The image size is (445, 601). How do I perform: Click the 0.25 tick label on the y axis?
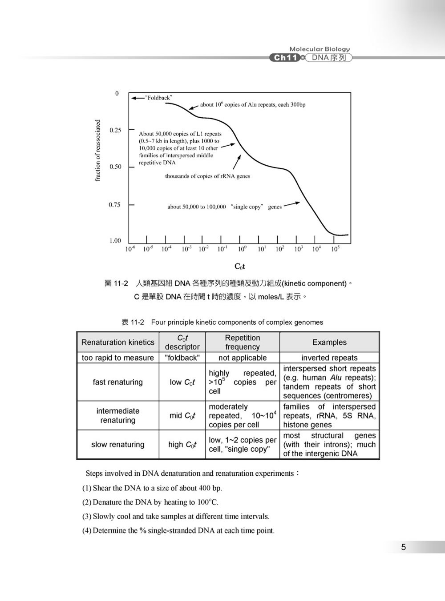115,130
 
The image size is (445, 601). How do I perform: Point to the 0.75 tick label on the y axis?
114,205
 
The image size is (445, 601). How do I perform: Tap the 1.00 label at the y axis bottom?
115,241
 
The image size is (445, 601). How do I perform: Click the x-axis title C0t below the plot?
240,267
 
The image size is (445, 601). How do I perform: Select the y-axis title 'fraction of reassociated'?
98,150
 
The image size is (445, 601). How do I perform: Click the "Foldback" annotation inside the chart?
159,97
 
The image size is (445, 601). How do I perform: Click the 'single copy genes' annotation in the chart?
224,207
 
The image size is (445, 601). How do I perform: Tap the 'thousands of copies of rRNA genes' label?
207,176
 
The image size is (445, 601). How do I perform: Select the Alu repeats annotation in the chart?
252,105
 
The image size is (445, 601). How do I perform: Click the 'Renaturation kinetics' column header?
117,342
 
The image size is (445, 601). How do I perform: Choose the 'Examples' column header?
329,342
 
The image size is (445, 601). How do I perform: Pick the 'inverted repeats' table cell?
329,358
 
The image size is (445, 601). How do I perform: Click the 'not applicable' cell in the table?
242,358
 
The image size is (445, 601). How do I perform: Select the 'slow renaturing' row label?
117,444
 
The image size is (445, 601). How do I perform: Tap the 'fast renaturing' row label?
117,382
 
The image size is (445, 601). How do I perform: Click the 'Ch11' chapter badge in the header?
285,58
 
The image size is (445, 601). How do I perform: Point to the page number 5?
403,547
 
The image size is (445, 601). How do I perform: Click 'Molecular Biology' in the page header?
320,49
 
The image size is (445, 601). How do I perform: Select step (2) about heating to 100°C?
150,502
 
